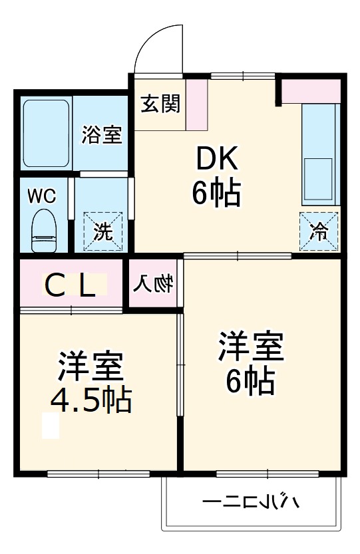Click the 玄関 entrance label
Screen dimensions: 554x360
click(160, 104)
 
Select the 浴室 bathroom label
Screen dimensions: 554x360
click(102, 134)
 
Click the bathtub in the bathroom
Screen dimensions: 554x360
click(47, 133)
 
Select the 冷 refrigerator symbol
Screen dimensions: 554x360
click(319, 231)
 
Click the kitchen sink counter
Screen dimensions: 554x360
click(320, 154)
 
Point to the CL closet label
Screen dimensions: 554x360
click(75, 286)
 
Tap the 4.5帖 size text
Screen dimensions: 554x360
click(90, 400)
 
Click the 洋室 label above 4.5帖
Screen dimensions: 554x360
click(90, 367)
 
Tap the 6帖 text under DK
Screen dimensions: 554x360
click(216, 193)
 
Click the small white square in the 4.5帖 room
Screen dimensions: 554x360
click(51, 426)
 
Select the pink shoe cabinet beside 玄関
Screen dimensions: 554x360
click(196, 105)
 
